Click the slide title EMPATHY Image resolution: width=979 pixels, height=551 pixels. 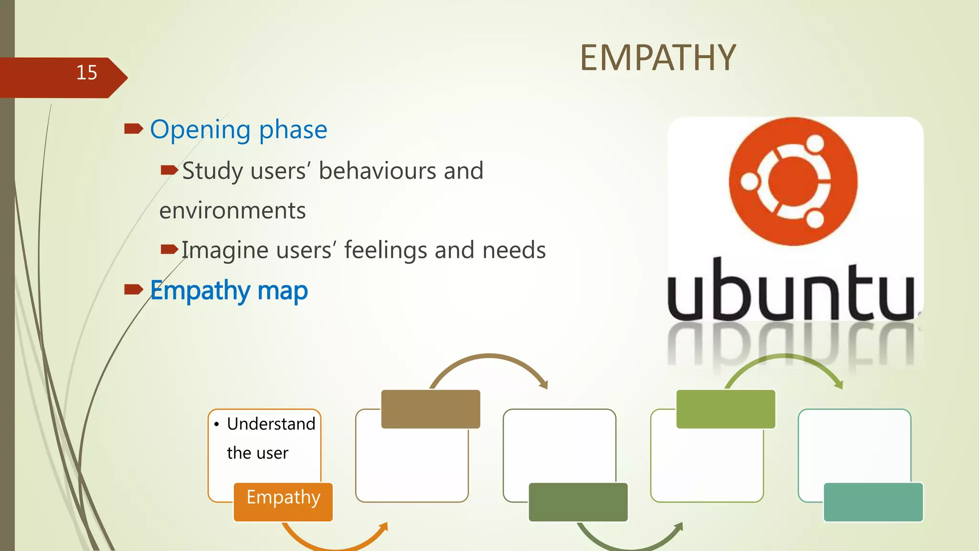click(x=658, y=58)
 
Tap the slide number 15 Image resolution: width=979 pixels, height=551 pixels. click(x=87, y=73)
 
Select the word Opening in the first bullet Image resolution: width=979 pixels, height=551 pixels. click(x=200, y=130)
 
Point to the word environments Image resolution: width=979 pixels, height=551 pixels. click(x=232, y=210)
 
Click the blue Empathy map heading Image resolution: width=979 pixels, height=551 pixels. click(x=228, y=290)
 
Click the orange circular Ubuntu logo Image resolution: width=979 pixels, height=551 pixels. click(x=793, y=181)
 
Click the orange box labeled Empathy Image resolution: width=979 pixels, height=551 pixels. click(x=283, y=501)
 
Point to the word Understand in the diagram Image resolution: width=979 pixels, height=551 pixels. click(x=271, y=424)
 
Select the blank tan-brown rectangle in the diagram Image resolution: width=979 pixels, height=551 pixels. click(x=430, y=409)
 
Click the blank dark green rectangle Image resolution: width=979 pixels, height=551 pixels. click(x=578, y=502)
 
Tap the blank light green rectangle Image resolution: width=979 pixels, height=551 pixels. click(x=725, y=409)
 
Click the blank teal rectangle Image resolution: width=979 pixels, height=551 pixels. click(x=873, y=502)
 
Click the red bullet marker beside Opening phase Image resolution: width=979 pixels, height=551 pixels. click(x=133, y=129)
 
